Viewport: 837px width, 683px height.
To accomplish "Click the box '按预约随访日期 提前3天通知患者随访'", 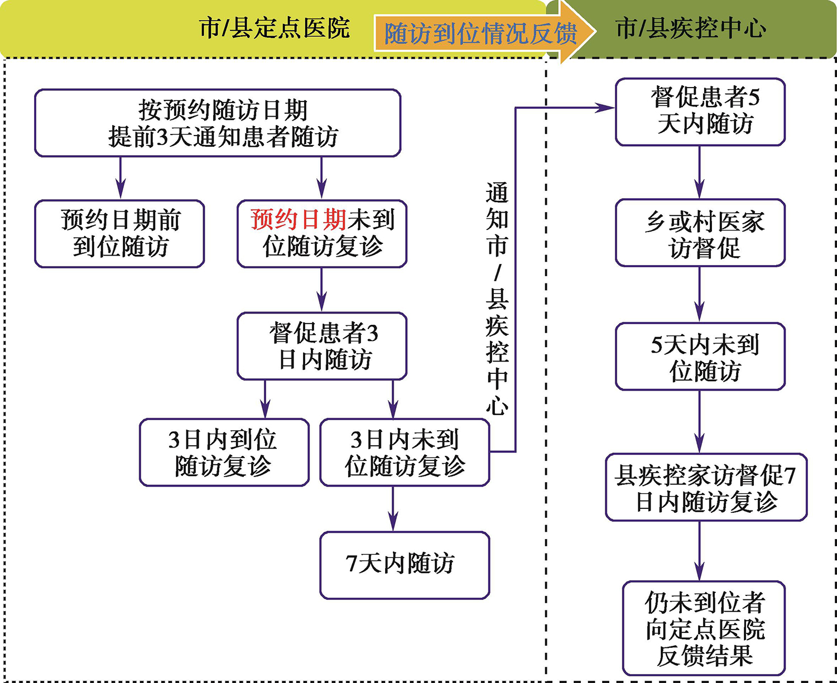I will pyautogui.click(x=218, y=123).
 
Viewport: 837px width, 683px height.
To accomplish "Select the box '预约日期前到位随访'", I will pyautogui.click(x=119, y=234).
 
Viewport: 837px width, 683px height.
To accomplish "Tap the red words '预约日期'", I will pyautogui.click(x=298, y=220).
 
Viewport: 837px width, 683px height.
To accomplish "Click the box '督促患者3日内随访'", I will pyautogui.click(x=322, y=346).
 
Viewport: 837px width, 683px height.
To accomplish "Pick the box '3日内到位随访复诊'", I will pyautogui.click(x=224, y=453).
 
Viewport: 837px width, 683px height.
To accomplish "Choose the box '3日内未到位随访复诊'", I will pyautogui.click(x=405, y=453).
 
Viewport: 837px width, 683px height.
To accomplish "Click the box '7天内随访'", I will pyautogui.click(x=405, y=565).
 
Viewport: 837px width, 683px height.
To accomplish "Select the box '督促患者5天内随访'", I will pyautogui.click(x=700, y=112).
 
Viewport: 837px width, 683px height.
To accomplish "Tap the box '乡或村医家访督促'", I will pyautogui.click(x=700, y=233).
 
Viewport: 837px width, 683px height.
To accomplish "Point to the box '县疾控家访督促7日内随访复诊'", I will pyautogui.click(x=706, y=487).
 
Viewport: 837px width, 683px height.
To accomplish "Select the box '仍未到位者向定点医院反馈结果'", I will pyautogui.click(x=704, y=628).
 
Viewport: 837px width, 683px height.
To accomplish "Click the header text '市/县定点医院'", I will pyautogui.click(x=275, y=28).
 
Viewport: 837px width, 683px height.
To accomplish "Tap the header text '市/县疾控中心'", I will pyautogui.click(x=691, y=28).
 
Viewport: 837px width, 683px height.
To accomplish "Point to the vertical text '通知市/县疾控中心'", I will pyautogui.click(x=497, y=299).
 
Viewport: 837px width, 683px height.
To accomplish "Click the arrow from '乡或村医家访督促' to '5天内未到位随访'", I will pyautogui.click(x=700, y=295).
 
